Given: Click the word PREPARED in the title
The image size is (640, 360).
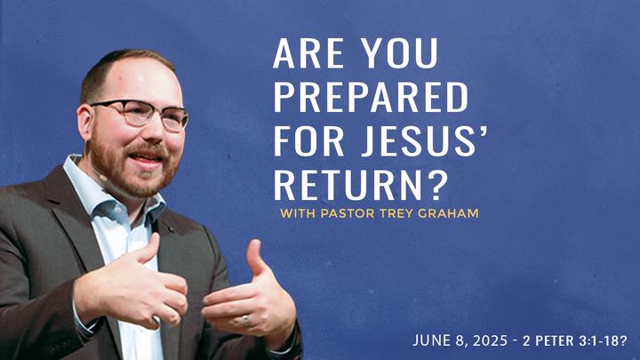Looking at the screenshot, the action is (371, 97).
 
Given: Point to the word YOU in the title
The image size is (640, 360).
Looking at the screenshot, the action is (400, 53).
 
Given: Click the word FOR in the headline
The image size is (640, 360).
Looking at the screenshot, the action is (308, 141).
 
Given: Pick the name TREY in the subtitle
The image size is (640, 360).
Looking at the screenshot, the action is (395, 213).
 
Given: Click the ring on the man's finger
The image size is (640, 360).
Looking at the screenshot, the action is (245, 320).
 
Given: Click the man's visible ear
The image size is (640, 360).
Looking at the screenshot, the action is (84, 123).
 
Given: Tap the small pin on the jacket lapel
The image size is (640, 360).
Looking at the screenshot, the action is (170, 229).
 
